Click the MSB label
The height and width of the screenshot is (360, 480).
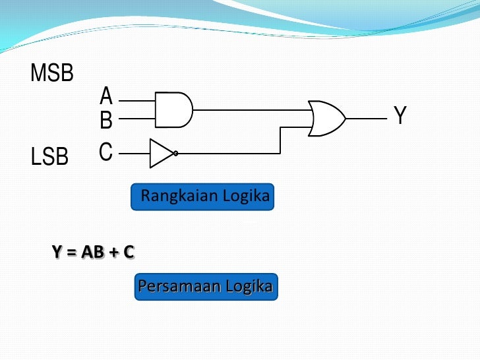[52, 73]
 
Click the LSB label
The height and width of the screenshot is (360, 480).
[50, 157]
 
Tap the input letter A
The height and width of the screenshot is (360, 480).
[106, 97]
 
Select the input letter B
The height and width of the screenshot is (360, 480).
[106, 120]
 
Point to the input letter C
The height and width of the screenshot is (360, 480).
[106, 152]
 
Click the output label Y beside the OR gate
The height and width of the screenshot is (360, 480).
[400, 117]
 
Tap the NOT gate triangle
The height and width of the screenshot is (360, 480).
[160, 153]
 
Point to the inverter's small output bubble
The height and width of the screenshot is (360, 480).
[176, 153]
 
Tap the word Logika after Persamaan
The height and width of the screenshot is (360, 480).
[249, 287]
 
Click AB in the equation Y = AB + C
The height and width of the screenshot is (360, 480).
[93, 251]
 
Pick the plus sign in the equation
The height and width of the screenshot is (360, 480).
[113, 252]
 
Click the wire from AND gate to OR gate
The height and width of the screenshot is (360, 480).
[251, 109]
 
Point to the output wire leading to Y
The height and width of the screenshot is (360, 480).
[366, 119]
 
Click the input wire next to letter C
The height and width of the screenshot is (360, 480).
[135, 153]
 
